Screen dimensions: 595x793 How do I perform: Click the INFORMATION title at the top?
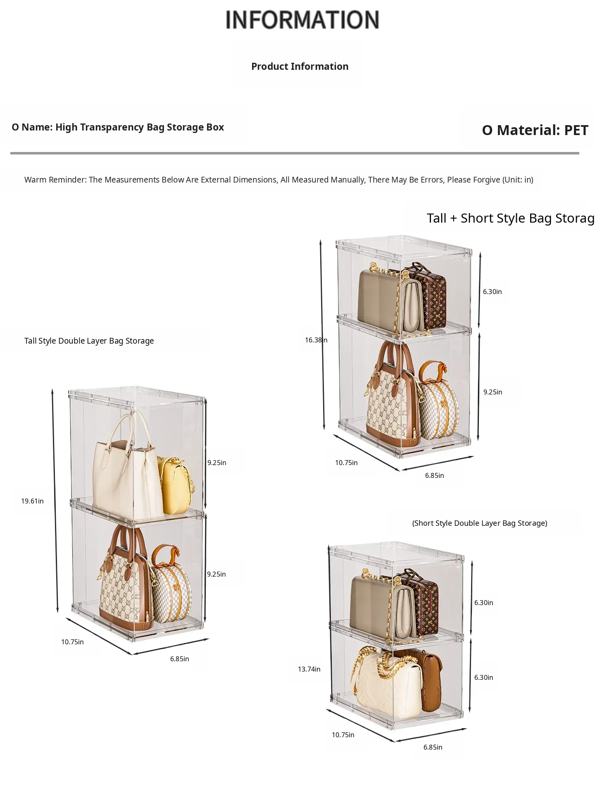(x=302, y=20)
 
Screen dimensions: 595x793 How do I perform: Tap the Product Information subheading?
(x=300, y=66)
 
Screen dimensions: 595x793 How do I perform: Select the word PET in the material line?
(x=576, y=130)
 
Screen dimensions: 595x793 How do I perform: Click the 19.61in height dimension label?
(x=32, y=501)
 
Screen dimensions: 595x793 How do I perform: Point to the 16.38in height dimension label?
(x=316, y=340)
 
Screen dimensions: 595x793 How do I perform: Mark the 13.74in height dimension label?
(x=309, y=669)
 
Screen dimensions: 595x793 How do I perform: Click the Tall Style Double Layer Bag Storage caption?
(x=89, y=341)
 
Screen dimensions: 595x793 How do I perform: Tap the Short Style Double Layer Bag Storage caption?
(x=480, y=523)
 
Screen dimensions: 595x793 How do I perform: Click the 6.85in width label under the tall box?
(x=179, y=659)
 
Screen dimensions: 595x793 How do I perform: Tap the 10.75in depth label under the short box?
(x=343, y=735)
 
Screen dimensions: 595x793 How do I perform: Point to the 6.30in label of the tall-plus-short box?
(x=493, y=292)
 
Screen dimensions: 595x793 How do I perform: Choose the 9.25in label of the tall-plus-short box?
(x=493, y=392)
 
